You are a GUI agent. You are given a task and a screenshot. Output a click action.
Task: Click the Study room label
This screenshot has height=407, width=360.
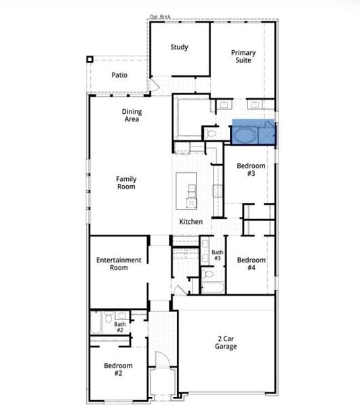click(x=179, y=47)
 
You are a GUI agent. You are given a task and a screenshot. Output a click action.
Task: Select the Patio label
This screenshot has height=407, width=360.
click(x=119, y=75)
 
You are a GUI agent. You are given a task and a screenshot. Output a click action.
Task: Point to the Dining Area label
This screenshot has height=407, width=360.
click(x=132, y=115)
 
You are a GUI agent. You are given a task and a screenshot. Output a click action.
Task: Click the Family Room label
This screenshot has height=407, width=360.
click(x=126, y=183)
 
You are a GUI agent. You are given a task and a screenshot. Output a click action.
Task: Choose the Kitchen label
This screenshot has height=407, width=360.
click(x=190, y=222)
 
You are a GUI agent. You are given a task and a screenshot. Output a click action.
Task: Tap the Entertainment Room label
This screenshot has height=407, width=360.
click(x=119, y=264)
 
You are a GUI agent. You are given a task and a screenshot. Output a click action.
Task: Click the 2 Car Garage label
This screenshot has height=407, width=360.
click(x=226, y=343)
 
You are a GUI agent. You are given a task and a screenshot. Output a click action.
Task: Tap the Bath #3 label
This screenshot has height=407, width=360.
click(x=217, y=256)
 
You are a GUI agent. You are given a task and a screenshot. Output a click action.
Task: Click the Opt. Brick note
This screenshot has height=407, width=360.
click(x=160, y=16)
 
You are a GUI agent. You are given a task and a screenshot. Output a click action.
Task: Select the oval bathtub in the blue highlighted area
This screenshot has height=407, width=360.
click(x=245, y=135)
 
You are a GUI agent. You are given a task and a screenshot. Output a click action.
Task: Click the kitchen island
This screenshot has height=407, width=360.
click(x=187, y=191)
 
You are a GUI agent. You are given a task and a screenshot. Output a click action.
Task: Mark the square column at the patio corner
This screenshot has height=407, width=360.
click(x=89, y=59)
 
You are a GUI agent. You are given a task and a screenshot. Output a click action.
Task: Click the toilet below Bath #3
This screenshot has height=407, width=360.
click(x=208, y=275)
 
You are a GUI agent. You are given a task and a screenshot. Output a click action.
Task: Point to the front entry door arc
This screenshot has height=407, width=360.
click(x=163, y=362)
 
